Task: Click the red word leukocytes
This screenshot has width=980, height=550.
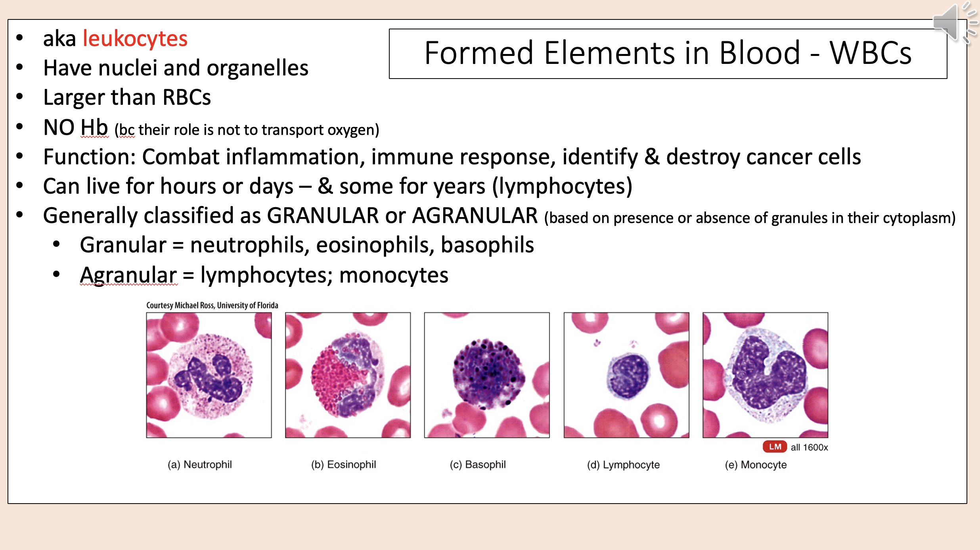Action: coord(135,39)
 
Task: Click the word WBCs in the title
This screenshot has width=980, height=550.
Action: coord(870,53)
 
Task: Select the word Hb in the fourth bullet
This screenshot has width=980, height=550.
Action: coord(94,128)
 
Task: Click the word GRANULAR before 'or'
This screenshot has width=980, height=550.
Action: coord(323,216)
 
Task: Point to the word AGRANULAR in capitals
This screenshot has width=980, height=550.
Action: coord(475,216)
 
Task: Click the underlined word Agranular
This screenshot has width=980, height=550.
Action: coord(128,275)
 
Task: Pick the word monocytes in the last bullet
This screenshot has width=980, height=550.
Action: coord(393,275)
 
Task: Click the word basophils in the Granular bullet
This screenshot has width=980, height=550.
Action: coord(487,245)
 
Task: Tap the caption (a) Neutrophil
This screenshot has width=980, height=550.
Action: coord(199,464)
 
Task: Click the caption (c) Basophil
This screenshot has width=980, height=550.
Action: coord(477,464)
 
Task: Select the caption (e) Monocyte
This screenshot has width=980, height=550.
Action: coord(756,465)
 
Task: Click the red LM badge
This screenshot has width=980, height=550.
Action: coord(774,447)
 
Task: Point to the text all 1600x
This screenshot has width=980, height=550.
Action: coord(809,448)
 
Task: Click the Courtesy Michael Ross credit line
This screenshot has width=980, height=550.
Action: coord(212,305)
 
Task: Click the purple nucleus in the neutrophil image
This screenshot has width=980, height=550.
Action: coord(210,377)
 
